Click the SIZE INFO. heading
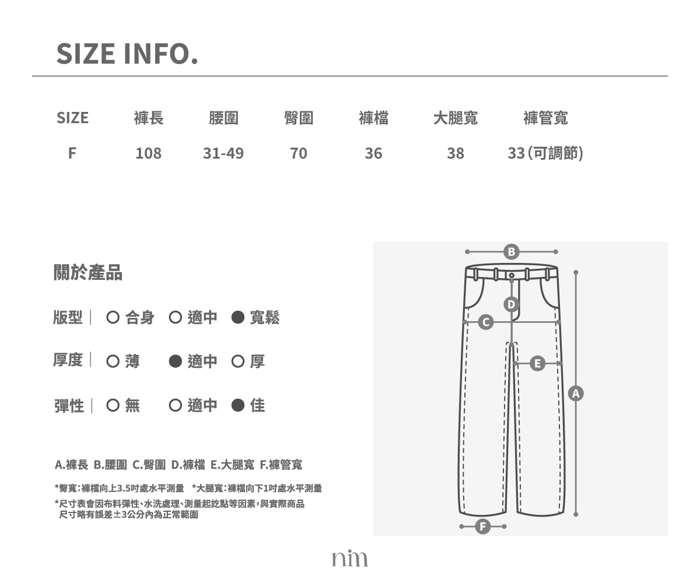coord(127,54)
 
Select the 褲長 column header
coord(149,118)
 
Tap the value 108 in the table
coord(149,153)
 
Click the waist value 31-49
coord(223,153)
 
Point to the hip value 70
coord(298,153)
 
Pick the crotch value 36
coord(373,153)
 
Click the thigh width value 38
coord(455,153)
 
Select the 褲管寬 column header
coord(545,118)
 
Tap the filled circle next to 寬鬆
coord(237,317)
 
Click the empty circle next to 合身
coord(113,317)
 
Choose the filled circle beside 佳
coord(237,405)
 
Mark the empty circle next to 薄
coord(113,361)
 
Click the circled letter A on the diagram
coord(576,394)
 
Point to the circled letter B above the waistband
coord(511,252)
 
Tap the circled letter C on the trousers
coord(486,322)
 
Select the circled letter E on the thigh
coord(537,364)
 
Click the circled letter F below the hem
coord(483,526)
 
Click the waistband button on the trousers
coord(512,275)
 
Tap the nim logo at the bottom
coord(349,558)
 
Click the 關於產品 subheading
coord(88,272)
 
